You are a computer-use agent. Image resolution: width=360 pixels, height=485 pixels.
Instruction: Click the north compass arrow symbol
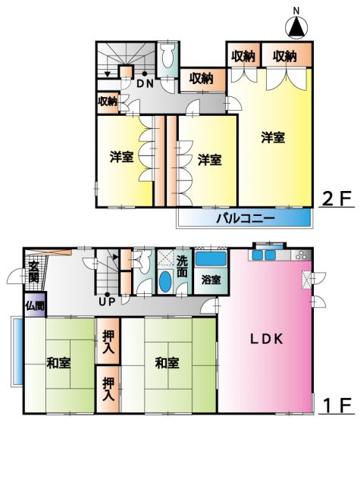tap(296, 27)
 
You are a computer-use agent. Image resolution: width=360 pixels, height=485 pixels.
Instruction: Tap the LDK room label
tap(267, 339)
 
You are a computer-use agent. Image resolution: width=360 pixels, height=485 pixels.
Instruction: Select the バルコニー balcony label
tap(246, 219)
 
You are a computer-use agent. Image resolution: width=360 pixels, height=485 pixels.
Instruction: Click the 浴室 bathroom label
tap(211, 280)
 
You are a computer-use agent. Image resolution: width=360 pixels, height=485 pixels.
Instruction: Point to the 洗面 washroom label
tap(182, 266)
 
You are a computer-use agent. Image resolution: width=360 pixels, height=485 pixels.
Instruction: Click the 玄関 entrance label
tap(33, 272)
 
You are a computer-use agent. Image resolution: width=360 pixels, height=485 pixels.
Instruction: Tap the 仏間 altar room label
tap(35, 306)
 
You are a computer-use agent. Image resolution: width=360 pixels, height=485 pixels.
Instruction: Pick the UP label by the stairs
tap(107, 302)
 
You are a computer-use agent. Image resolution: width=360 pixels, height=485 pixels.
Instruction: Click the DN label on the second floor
tap(145, 83)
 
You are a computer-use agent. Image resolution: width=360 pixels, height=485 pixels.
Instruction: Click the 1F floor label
tap(337, 405)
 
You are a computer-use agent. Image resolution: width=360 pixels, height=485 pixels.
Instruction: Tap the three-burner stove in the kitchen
tap(301, 255)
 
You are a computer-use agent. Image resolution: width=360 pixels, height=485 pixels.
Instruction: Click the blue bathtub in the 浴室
tap(211, 259)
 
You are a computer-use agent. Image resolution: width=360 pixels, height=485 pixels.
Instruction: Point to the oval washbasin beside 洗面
tap(165, 281)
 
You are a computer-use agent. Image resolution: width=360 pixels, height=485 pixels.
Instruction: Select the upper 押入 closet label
tap(108, 342)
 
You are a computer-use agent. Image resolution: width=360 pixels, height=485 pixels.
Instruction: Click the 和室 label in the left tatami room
tap(59, 362)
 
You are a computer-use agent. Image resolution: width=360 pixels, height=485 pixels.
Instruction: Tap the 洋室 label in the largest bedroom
tap(273, 137)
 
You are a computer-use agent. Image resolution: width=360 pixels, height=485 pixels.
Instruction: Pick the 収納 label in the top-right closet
tap(284, 56)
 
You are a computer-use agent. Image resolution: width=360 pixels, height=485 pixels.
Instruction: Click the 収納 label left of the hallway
tap(108, 101)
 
